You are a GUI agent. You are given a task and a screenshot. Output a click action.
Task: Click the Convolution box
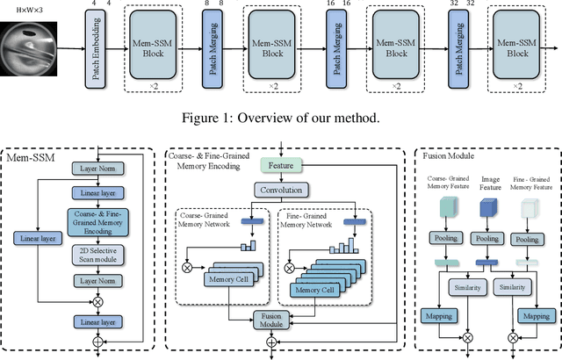coord(281,190)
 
